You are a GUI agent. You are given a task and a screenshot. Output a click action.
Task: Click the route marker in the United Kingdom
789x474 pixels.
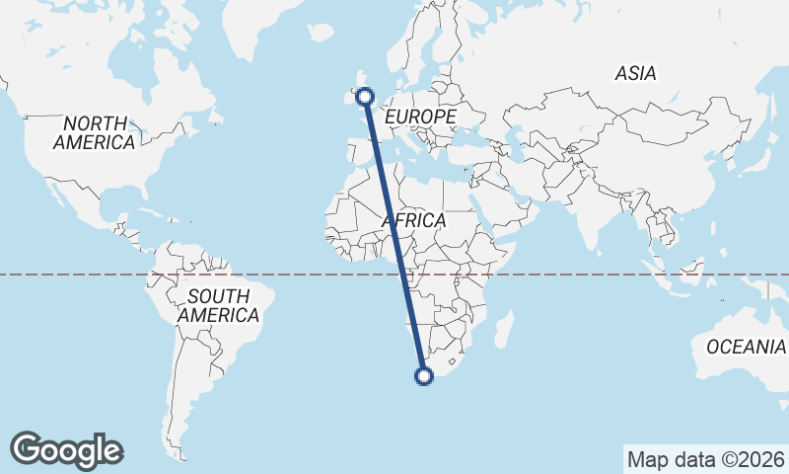click(366, 96)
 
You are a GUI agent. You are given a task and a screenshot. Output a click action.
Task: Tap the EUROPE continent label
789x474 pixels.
click(420, 118)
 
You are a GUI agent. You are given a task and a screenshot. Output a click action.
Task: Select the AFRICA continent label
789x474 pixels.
click(414, 220)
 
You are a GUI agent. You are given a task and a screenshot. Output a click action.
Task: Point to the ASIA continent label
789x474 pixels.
click(635, 73)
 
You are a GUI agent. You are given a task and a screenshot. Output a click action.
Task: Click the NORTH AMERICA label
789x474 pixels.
click(95, 133)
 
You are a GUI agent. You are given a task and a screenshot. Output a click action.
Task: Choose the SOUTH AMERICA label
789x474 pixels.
click(219, 306)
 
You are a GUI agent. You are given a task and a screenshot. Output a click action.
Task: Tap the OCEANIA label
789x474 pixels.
click(746, 347)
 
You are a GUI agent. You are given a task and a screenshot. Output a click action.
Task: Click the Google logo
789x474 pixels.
click(66, 450)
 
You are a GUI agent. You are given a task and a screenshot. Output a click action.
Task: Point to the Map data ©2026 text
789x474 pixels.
click(706, 459)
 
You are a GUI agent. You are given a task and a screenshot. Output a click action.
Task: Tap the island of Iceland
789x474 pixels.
click(320, 34)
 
